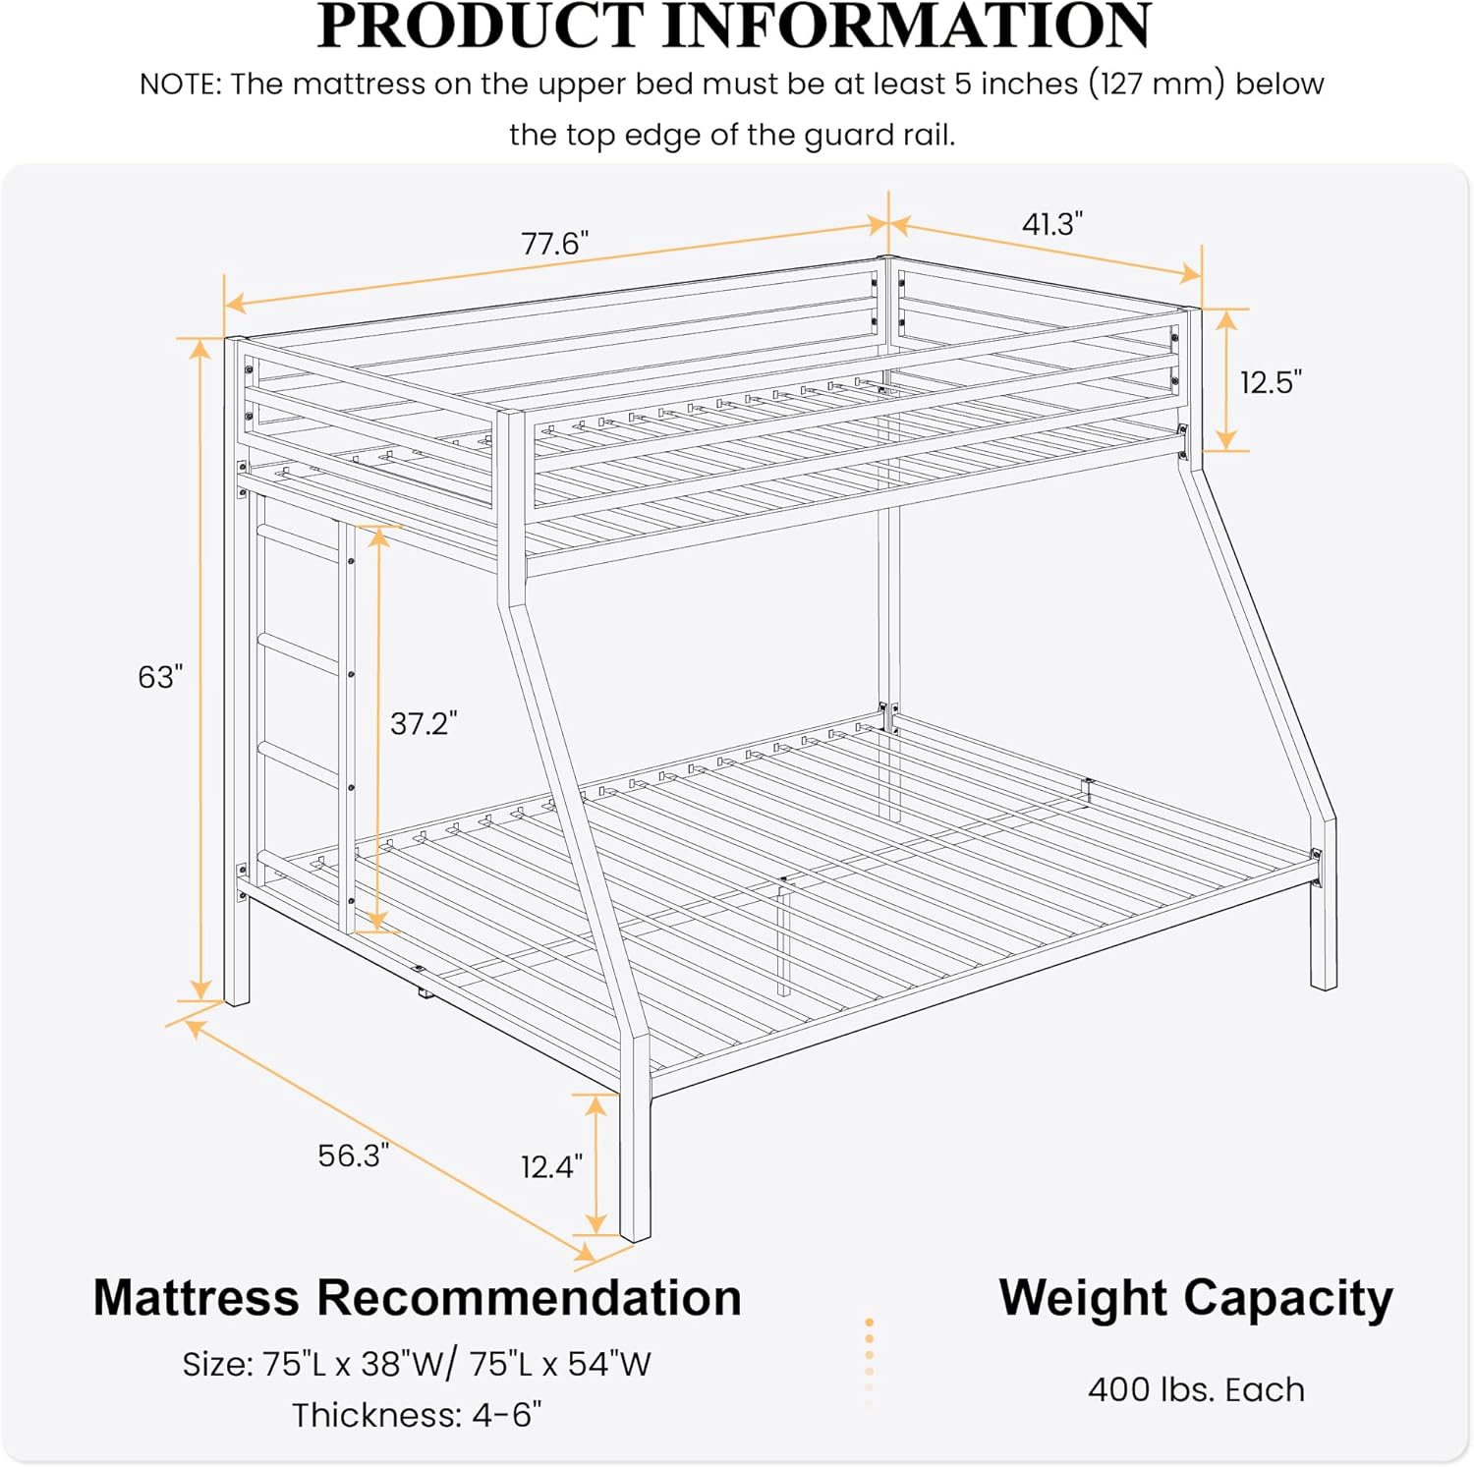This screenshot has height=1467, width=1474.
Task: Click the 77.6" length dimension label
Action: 554,243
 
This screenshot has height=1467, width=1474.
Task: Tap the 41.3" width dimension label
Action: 1051,224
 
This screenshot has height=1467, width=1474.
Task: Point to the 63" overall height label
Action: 160,676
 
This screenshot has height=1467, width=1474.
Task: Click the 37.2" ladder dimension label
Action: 424,723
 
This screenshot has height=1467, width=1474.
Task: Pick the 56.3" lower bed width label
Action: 353,1155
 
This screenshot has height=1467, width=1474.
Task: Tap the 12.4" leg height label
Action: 551,1166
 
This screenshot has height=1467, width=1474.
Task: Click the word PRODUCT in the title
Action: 481,26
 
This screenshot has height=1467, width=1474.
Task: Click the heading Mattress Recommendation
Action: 418,1297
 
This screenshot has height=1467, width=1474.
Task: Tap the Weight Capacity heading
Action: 1196,1299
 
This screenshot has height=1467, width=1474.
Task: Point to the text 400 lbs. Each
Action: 1196,1389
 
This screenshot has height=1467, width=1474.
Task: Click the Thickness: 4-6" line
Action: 417,1415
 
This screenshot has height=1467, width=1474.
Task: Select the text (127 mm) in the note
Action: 1157,85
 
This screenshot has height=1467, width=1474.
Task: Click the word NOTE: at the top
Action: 181,85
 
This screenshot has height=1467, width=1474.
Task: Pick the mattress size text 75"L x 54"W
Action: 560,1364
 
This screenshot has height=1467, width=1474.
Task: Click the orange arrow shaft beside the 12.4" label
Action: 595,1163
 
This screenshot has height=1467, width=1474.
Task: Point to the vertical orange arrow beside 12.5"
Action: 1226,379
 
